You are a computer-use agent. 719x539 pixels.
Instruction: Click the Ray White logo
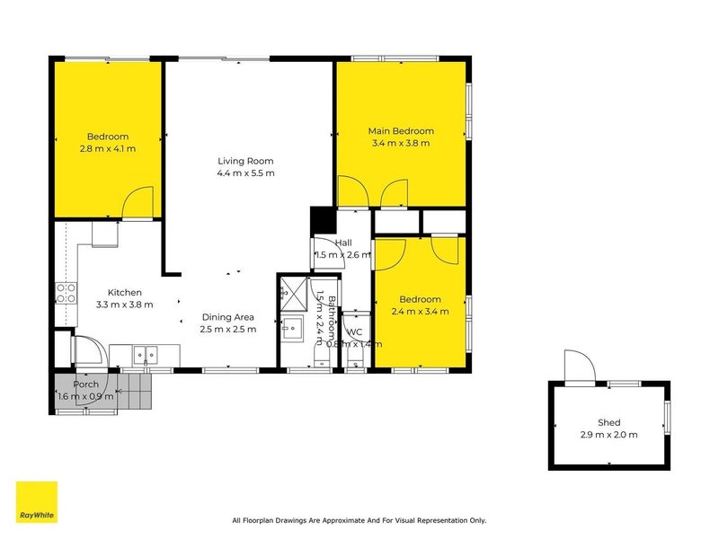point(37,502)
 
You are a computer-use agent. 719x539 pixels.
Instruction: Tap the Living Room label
point(245,161)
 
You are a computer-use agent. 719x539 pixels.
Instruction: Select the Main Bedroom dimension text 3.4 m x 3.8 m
point(400,143)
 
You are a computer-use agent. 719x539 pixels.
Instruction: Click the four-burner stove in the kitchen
point(66,292)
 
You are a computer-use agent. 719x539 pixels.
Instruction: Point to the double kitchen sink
point(145,355)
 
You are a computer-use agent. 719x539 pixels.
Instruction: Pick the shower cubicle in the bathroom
point(291,289)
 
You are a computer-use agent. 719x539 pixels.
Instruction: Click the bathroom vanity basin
point(292,326)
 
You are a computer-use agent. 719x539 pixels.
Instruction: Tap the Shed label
point(608,422)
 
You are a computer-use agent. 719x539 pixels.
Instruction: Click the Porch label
point(85,384)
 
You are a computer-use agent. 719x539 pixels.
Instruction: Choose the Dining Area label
point(227,317)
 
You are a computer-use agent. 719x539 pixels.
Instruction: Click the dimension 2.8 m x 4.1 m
point(107,148)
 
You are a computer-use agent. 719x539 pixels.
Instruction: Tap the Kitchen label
point(124,292)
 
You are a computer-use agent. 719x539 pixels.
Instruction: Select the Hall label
point(343,243)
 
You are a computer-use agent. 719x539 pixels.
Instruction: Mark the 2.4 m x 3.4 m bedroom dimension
point(420,312)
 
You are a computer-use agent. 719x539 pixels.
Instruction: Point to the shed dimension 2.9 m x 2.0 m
point(608,435)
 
